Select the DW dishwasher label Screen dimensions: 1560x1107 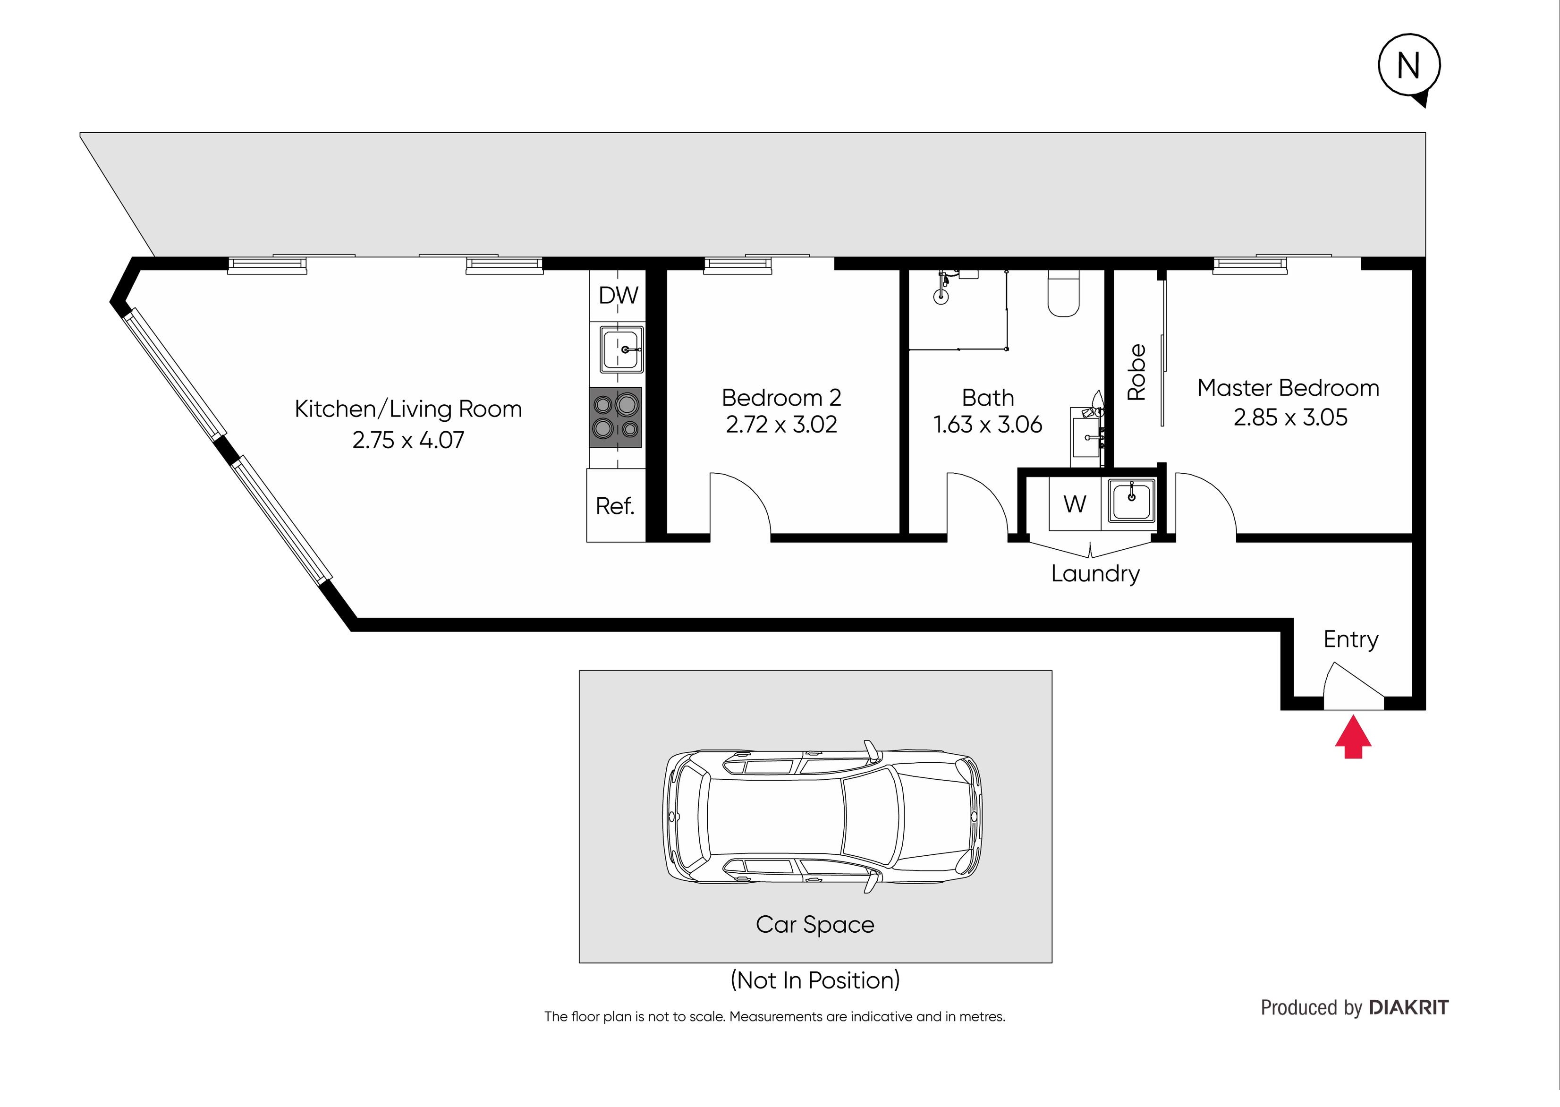pos(618,295)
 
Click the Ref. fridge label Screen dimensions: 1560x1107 pos(615,506)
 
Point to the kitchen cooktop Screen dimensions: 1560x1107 pos(615,417)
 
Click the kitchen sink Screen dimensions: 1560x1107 pos(621,349)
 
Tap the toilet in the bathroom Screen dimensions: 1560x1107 pos(1063,294)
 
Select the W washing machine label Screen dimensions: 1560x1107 pos(1075,504)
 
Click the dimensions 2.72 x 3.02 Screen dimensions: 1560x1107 pos(781,425)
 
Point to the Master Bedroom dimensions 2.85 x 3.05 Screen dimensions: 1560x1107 pos(1290,417)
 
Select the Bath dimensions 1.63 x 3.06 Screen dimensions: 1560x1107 pos(988,425)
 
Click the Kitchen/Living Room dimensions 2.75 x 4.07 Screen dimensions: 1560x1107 pos(408,440)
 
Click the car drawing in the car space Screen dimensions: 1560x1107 pos(822,817)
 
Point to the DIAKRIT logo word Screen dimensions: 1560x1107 pos(1409,1007)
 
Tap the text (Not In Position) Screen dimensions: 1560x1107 pos(815,980)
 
